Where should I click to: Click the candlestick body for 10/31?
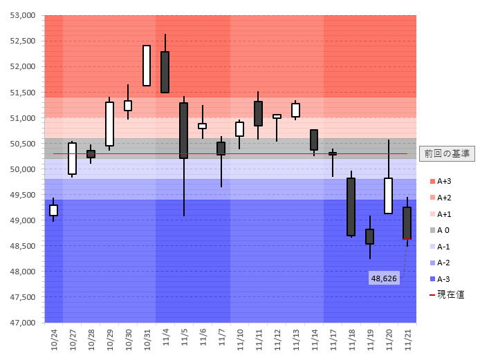click(147, 66)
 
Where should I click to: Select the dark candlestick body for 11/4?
click(165, 72)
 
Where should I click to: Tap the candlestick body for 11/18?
click(351, 207)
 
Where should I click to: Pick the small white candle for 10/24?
click(53, 210)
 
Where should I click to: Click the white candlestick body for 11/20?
click(389, 196)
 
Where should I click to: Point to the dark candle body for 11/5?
click(184, 131)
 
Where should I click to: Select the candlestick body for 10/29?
click(109, 124)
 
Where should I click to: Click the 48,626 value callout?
click(384, 278)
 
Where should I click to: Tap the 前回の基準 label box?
click(446, 153)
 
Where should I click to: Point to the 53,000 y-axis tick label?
click(24, 15)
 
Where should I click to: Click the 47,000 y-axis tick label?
click(24, 323)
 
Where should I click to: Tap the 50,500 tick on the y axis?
click(24, 144)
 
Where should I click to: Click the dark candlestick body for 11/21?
click(407, 223)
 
